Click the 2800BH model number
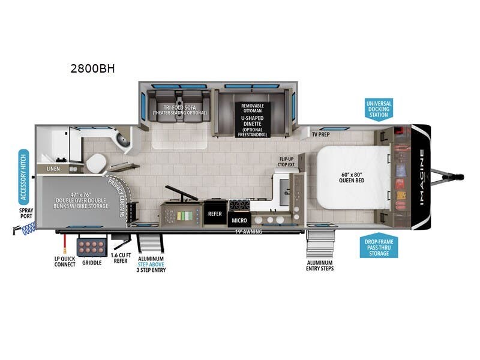click(x=92, y=68)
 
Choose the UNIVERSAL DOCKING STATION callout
click(x=379, y=110)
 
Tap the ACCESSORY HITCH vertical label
click(x=23, y=176)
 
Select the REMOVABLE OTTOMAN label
click(x=253, y=109)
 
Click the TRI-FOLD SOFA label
click(x=179, y=109)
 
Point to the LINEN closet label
click(x=54, y=169)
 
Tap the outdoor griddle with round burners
click(x=91, y=247)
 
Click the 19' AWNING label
click(x=248, y=231)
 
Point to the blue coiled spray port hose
click(x=28, y=227)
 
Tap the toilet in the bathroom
click(x=94, y=162)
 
